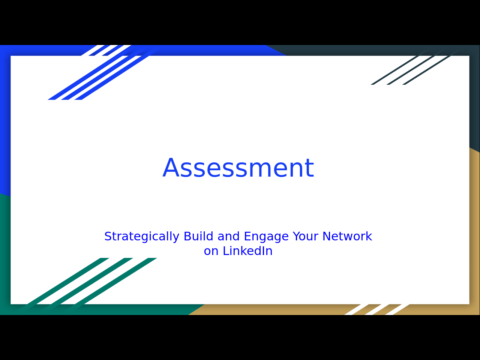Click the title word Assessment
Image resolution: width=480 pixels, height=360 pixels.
click(238, 168)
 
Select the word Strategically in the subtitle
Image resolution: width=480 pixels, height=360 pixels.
click(142, 237)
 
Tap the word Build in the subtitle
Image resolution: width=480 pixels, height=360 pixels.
click(198, 236)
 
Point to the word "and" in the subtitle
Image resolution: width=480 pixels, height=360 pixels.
click(228, 236)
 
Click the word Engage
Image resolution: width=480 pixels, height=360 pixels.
click(266, 237)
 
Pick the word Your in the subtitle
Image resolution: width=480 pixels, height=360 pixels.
click(306, 236)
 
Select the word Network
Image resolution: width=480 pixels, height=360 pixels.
click(347, 236)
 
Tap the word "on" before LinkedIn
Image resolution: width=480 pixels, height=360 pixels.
click(211, 251)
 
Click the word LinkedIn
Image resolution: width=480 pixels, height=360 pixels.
click(247, 251)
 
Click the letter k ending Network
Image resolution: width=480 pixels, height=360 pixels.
click(369, 236)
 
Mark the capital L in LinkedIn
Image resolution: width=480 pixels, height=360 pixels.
click(226, 251)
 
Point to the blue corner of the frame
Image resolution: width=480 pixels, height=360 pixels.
click(5, 50)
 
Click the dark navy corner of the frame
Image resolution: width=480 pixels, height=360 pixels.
click(474, 50)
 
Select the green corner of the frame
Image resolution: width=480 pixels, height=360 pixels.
click(5, 309)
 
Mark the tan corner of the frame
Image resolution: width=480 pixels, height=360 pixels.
click(474, 309)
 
